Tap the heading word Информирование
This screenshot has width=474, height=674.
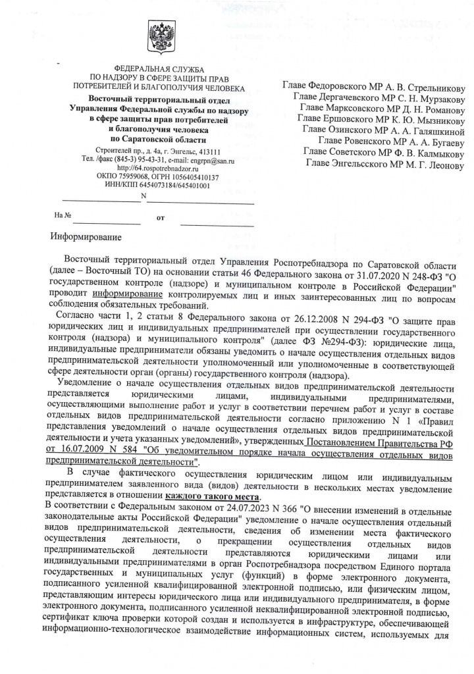86,235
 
